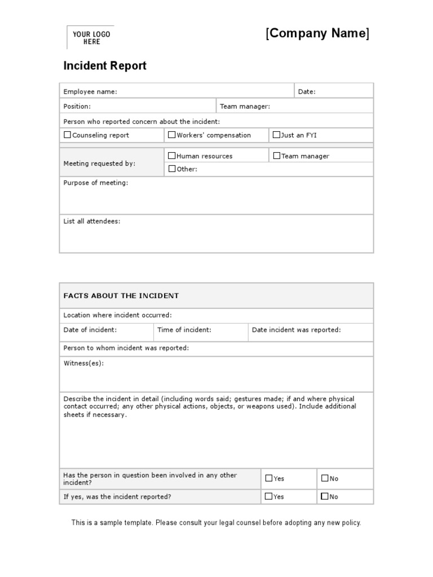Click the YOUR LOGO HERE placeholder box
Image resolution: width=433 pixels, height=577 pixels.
coord(90,38)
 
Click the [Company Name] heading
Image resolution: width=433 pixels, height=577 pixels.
coord(317,34)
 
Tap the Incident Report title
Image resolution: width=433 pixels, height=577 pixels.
coord(105,66)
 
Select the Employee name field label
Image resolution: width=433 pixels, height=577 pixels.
coord(90,92)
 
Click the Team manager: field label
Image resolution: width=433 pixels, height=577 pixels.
coord(245,106)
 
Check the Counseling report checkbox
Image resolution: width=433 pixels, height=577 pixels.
coord(68,135)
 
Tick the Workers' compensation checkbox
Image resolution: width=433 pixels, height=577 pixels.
coord(172,135)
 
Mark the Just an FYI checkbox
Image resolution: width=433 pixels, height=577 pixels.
coord(276,135)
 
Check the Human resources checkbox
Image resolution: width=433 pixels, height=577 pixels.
coord(172,156)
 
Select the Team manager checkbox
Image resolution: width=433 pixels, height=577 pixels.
coord(277,156)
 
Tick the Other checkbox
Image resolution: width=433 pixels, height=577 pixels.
coord(172,168)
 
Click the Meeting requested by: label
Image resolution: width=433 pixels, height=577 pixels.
coord(99,163)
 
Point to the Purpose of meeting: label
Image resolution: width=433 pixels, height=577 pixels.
coord(95,183)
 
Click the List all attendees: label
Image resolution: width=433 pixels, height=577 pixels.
coord(91,221)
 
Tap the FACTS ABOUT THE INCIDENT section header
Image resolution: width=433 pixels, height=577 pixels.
coord(121,296)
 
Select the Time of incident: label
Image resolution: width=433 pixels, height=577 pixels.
coord(184,330)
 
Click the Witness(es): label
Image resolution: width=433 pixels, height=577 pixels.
coord(83,363)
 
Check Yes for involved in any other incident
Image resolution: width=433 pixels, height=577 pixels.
coord(268,478)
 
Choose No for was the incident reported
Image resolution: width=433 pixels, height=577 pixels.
coord(325,496)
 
